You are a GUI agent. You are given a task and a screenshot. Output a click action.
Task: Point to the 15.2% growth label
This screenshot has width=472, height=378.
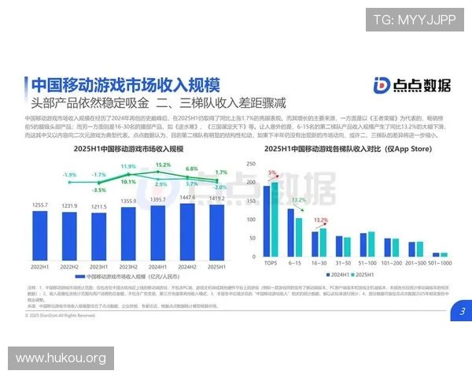[162, 165]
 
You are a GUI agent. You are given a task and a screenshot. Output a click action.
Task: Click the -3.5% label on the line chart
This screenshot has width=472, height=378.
[98, 190]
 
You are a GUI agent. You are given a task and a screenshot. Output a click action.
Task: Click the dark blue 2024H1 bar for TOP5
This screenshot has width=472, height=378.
[266, 221]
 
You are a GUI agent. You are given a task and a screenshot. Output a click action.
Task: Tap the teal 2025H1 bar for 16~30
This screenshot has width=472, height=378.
[323, 243]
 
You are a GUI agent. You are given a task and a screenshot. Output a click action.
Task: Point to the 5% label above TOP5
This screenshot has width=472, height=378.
[272, 172]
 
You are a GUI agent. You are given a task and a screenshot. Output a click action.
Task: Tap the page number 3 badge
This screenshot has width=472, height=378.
[462, 311]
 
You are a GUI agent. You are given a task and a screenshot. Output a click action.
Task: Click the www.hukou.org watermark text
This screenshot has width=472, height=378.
[61, 358]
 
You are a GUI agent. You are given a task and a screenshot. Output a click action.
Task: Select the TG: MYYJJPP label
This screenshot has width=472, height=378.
[414, 20]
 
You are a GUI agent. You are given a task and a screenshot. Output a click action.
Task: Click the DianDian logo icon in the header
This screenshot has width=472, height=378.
[382, 86]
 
